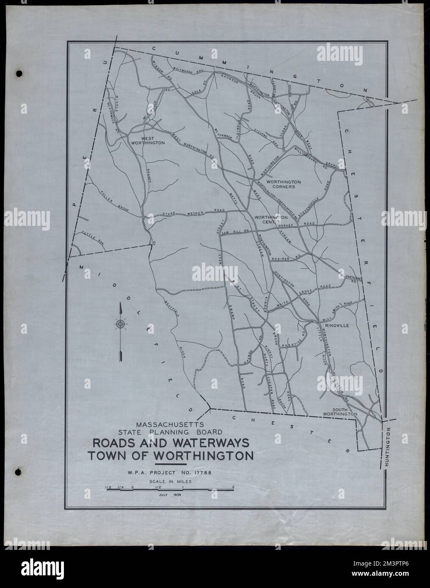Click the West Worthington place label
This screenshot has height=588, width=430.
[x=153, y=141]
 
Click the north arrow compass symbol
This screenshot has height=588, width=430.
[x=121, y=325]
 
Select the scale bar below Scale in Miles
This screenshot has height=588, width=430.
[x=170, y=489]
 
